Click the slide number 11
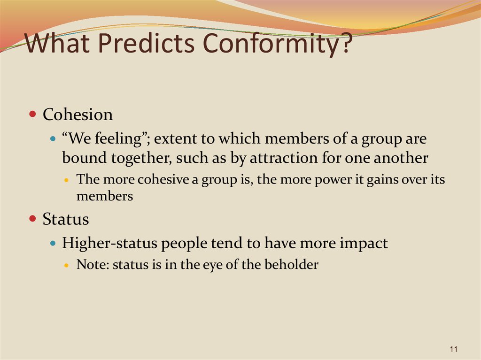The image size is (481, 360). pyautogui.click(x=454, y=349)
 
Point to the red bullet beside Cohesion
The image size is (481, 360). pyautogui.click(x=32, y=115)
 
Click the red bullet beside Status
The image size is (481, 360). pyautogui.click(x=32, y=219)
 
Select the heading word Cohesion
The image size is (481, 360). pyautogui.click(x=78, y=115)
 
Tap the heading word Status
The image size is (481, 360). pyautogui.click(x=66, y=219)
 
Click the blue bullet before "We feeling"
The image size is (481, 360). pyautogui.click(x=53, y=139)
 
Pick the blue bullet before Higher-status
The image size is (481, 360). pyautogui.click(x=53, y=244)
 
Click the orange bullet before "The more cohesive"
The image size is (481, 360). pyautogui.click(x=67, y=180)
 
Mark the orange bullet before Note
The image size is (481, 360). pyautogui.click(x=67, y=265)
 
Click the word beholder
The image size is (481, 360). pyautogui.click(x=291, y=264)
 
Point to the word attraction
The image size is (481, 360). pyautogui.click(x=284, y=158)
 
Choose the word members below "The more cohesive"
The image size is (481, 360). pyautogui.click(x=105, y=196)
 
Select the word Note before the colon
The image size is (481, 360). pyautogui.click(x=91, y=264)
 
